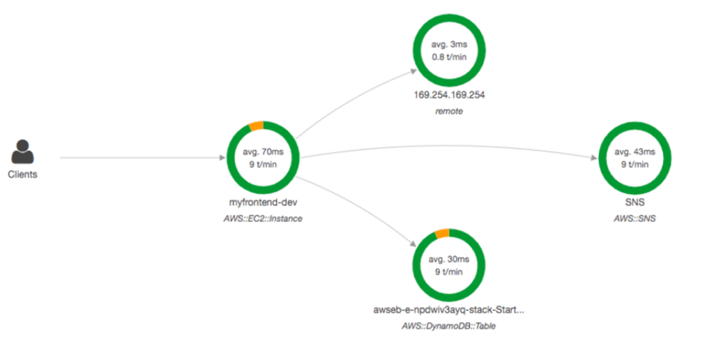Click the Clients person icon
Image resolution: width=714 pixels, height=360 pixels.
click(x=22, y=151)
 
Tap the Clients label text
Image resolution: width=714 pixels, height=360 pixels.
click(x=22, y=174)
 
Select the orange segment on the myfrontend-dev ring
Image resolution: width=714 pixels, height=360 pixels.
click(x=257, y=126)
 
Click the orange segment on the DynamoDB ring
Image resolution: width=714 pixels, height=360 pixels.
click(x=442, y=234)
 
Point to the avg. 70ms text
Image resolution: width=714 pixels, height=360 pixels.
click(x=263, y=152)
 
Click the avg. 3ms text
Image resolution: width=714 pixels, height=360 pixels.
click(x=449, y=45)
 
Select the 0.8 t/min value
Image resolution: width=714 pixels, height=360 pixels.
click(x=449, y=57)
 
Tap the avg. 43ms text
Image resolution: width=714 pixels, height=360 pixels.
click(x=635, y=152)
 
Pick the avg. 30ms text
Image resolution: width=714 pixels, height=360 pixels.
click(x=448, y=260)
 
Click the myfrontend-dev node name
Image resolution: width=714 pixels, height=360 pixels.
click(x=263, y=202)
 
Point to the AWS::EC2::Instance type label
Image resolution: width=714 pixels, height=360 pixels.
click(x=263, y=219)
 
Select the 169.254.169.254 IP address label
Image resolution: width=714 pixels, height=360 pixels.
click(x=449, y=95)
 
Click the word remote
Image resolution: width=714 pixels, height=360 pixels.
click(x=449, y=111)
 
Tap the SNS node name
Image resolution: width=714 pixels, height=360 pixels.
click(x=635, y=202)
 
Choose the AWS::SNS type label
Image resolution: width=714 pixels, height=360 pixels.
click(x=635, y=219)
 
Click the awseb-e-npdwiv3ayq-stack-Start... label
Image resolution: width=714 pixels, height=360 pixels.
click(x=448, y=310)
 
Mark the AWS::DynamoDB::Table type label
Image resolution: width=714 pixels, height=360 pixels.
click(x=448, y=327)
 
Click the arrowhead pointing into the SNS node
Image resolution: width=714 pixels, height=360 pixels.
click(x=594, y=158)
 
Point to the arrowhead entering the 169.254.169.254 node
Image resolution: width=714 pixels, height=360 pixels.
click(x=413, y=71)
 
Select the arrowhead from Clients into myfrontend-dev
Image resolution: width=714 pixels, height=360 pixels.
click(x=222, y=158)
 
